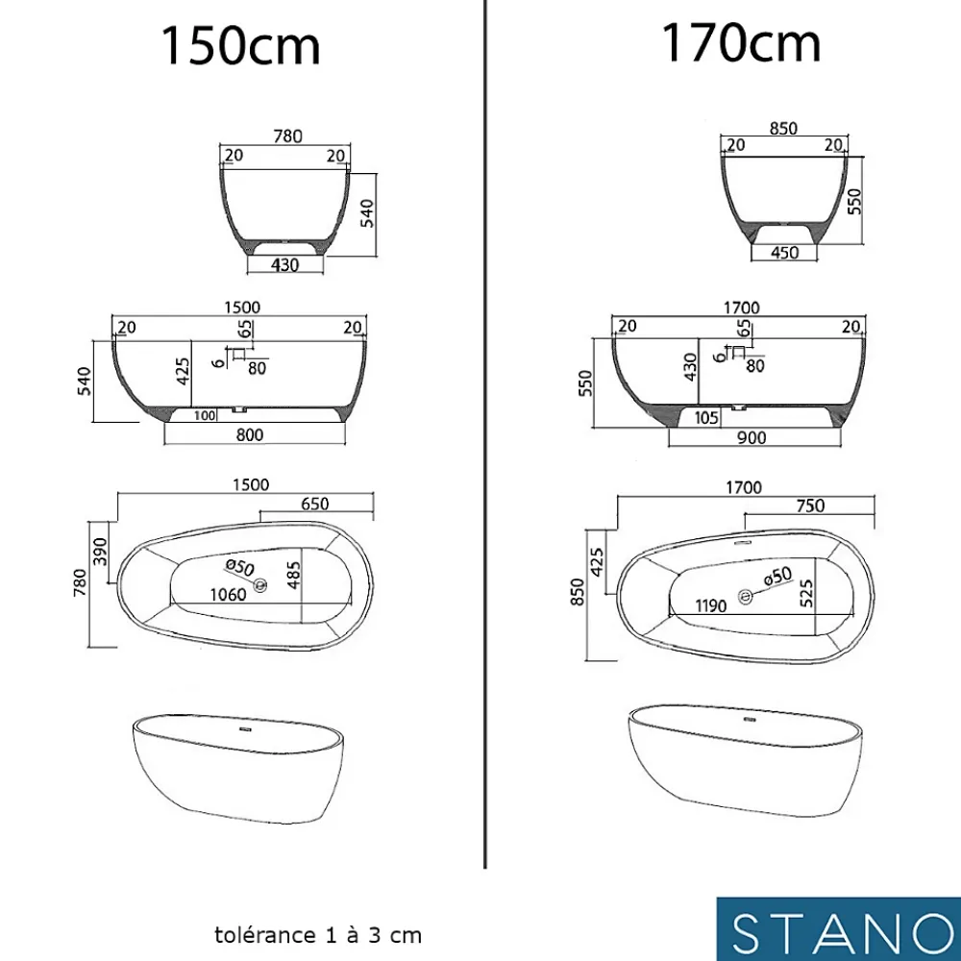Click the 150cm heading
click(240, 46)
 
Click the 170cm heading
click(741, 43)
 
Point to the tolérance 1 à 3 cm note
click(318, 935)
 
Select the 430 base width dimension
click(285, 265)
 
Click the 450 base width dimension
click(784, 253)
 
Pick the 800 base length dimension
click(250, 434)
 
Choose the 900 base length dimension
click(752, 437)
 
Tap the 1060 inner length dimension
click(228, 595)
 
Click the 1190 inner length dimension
click(711, 606)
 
